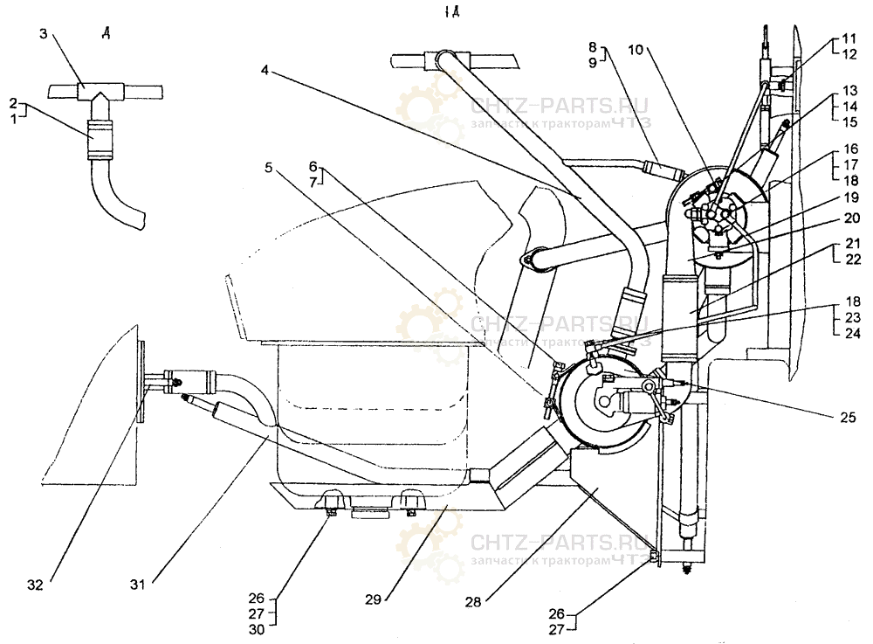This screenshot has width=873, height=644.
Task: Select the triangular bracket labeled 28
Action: click(x=603, y=489)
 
